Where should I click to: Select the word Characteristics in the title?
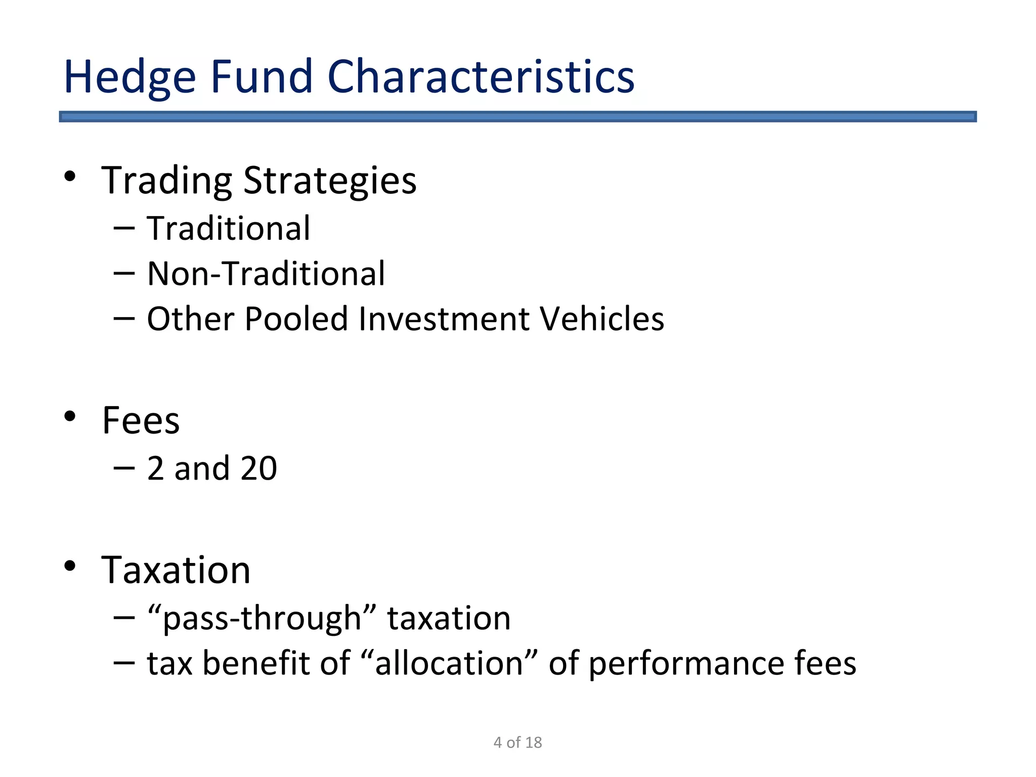[x=481, y=77]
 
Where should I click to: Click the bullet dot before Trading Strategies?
[x=70, y=177]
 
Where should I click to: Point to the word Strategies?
[x=330, y=181]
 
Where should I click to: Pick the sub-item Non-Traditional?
[x=266, y=274]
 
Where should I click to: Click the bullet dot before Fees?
[x=70, y=416]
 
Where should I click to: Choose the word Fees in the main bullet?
[x=141, y=420]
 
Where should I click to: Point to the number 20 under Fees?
[x=258, y=468]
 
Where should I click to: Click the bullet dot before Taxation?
[x=70, y=566]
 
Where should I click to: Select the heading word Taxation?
[x=176, y=570]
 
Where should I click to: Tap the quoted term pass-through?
[x=262, y=618]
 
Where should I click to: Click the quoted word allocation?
[x=449, y=663]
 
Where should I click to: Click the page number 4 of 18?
[x=517, y=742]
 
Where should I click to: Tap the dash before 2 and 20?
[x=124, y=468]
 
